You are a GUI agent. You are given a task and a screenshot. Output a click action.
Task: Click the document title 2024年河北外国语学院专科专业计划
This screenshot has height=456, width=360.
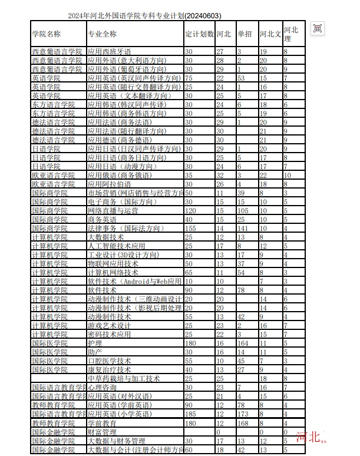[144, 15]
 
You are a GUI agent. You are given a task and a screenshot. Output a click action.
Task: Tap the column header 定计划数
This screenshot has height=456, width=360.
[199, 34]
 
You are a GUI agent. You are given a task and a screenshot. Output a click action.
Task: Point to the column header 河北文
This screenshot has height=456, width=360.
[270, 34]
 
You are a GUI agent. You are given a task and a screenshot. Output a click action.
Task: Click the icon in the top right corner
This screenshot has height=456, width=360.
[318, 28]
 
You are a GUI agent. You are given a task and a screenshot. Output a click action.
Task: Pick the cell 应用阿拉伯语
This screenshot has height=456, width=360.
[109, 184]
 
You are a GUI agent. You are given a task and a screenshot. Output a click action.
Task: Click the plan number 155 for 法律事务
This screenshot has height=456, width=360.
[190, 228]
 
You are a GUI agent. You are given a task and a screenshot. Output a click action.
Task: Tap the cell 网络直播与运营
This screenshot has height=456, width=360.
[113, 210]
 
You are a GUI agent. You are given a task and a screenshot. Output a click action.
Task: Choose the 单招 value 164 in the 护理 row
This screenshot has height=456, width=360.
[243, 343]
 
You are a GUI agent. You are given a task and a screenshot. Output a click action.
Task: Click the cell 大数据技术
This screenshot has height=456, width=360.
[105, 237]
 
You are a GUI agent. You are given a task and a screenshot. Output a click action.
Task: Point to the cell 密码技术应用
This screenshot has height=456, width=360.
[109, 334]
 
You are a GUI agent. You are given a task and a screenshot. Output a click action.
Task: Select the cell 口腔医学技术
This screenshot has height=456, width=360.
[109, 361]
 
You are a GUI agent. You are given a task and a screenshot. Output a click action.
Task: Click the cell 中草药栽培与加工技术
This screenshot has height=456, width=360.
[124, 378]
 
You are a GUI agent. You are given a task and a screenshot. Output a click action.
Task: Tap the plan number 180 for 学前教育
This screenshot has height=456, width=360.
[190, 423]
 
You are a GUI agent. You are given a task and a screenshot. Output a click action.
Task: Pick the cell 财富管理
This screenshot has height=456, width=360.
[102, 432]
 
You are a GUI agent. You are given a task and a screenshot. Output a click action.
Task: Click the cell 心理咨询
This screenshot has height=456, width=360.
[102, 387]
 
